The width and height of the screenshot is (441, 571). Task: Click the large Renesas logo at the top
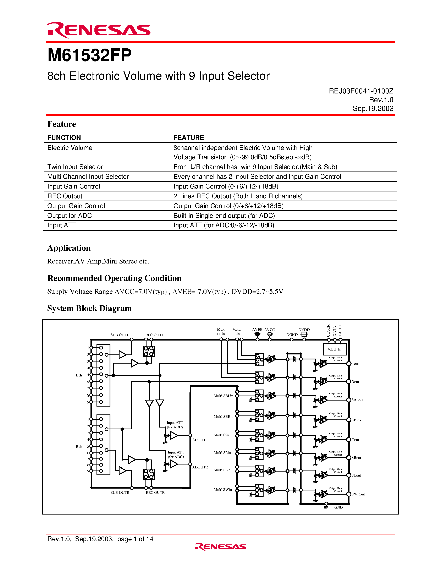click(99, 30)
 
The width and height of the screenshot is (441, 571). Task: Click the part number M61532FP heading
click(89, 55)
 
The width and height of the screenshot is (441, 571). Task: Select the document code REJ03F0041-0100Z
click(361, 91)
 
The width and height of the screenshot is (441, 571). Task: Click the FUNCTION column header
click(64, 138)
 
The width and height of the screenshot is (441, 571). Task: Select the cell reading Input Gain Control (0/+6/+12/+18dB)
click(226, 186)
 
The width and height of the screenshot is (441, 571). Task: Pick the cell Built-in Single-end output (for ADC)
click(224, 216)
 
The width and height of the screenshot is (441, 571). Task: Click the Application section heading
click(69, 248)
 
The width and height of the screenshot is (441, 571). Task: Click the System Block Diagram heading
click(89, 308)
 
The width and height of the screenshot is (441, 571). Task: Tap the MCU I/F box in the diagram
click(335, 349)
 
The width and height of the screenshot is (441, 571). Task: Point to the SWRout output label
click(358, 494)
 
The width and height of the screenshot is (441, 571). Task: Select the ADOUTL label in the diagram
click(200, 440)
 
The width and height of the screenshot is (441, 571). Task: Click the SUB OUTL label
click(120, 335)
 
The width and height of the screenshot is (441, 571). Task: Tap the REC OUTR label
click(155, 493)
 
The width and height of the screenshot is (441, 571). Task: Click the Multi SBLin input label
click(223, 396)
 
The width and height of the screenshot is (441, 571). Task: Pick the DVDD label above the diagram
click(304, 330)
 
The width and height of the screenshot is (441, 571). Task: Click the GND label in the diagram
click(338, 507)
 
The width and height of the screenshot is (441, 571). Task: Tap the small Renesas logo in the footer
click(220, 546)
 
